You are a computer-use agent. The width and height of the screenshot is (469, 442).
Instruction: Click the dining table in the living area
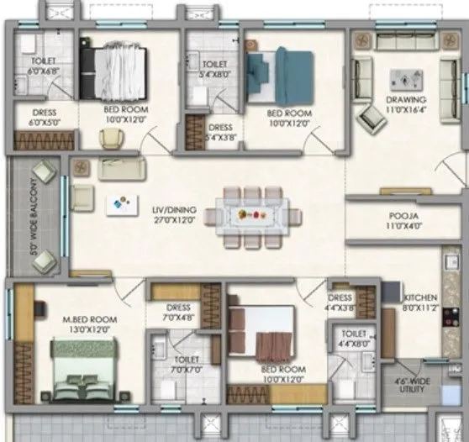251,214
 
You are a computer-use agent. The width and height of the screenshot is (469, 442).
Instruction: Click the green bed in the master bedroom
87,374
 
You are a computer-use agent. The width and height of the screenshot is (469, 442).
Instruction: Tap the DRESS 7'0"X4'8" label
180,313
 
